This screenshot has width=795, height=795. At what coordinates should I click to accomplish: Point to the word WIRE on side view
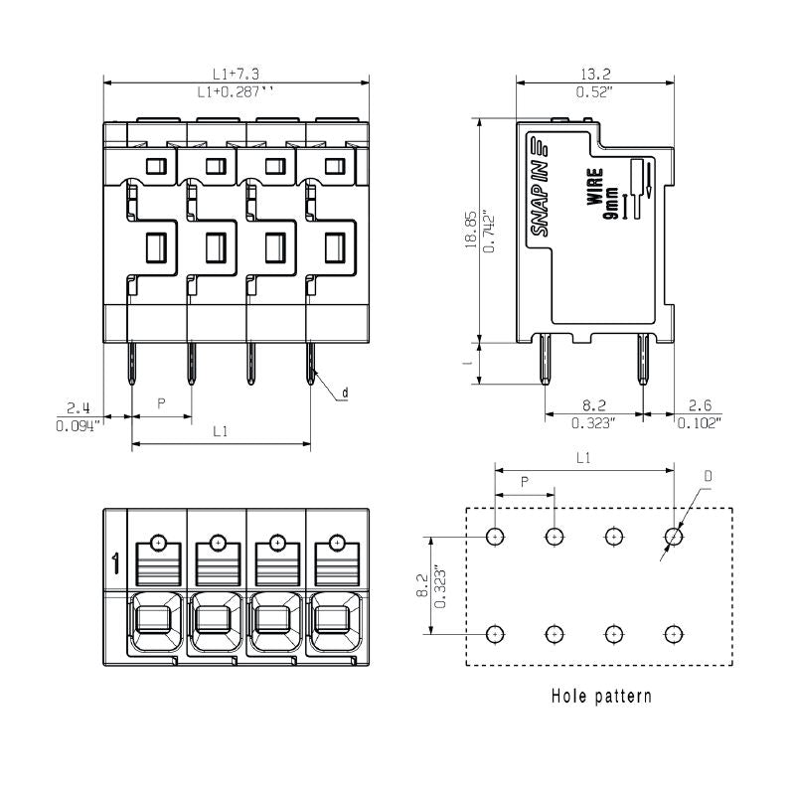[x=594, y=186]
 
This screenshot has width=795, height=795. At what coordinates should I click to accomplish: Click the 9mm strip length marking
[x=612, y=202]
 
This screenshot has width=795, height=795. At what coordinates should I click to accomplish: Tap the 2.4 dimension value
[x=79, y=407]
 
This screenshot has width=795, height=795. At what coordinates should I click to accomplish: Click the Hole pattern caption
[x=601, y=696]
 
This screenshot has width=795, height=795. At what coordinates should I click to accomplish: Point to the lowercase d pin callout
[x=345, y=394]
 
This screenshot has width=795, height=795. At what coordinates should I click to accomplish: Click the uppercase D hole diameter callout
[x=709, y=477]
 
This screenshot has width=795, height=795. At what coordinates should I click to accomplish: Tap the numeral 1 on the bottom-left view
[x=115, y=564]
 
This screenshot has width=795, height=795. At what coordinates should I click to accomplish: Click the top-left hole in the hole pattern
[x=495, y=537]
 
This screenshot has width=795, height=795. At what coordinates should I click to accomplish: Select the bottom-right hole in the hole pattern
[x=674, y=633]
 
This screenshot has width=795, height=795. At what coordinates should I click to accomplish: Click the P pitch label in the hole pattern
[x=525, y=480]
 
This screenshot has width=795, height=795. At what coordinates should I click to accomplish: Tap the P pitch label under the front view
[x=162, y=405]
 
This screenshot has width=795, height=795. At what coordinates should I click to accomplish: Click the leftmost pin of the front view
[x=131, y=365]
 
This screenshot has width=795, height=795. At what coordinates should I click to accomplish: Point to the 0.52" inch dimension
[x=595, y=92]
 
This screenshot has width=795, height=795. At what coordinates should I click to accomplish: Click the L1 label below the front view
[x=221, y=432]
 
